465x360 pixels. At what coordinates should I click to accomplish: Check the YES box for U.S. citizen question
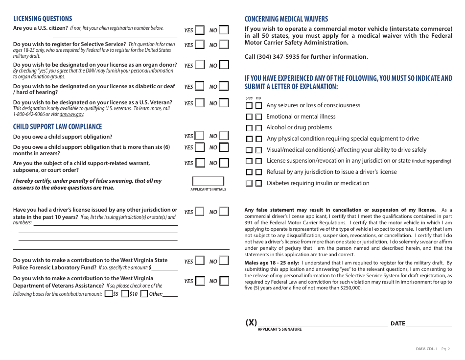pos(199,30)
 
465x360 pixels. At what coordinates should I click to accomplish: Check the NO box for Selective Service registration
pos(224,45)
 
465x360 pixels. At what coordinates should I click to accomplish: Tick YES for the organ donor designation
pos(199,65)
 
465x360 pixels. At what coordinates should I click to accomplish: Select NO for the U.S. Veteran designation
pos(224,103)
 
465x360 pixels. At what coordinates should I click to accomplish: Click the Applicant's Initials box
pos(208,181)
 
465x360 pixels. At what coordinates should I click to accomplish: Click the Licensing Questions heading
pos(43,19)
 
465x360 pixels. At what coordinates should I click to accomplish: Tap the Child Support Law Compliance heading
pos(57,127)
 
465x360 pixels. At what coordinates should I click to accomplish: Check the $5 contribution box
pos(108,294)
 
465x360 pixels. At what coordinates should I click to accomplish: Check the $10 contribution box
pos(125,294)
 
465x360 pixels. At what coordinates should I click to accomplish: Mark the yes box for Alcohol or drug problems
pos(249,128)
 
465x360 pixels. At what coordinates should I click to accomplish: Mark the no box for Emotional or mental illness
pos(258,117)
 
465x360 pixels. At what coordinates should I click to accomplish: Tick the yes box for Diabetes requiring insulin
pos(249,183)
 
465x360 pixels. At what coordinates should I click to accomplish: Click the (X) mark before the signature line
pos(251,322)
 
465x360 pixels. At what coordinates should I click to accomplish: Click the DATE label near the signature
pos(397,323)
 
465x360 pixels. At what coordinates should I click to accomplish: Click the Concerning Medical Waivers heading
pos(286,19)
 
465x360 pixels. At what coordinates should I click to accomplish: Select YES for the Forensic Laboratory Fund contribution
pos(199,262)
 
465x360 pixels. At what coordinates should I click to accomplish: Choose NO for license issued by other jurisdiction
pos(224,212)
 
